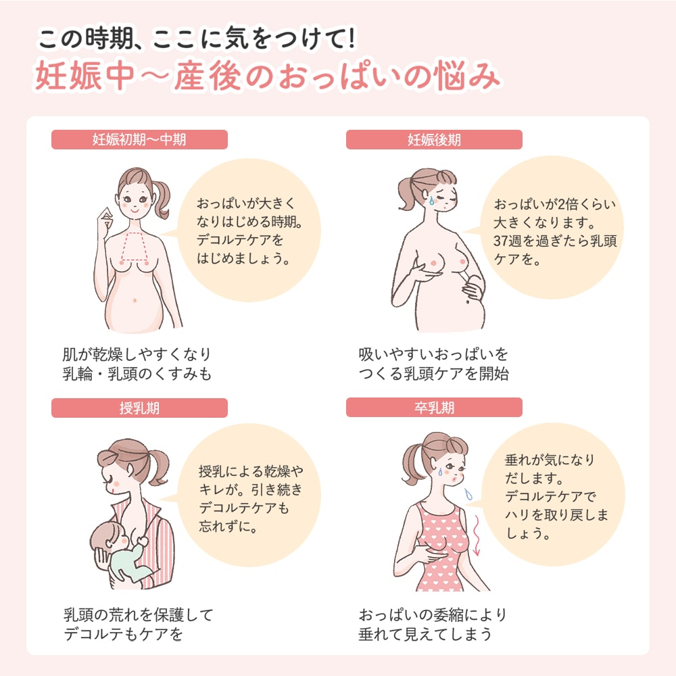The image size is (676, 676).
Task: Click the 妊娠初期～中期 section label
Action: tap(139, 140)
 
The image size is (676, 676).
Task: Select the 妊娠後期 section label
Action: tap(434, 140)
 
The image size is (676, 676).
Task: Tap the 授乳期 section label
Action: tap(139, 408)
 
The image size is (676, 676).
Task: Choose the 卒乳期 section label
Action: tap(434, 408)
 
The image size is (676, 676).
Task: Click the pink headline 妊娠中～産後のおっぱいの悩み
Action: tap(267, 76)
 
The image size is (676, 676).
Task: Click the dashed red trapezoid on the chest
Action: tap(135, 247)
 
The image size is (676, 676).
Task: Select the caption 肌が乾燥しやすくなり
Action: tap(137, 354)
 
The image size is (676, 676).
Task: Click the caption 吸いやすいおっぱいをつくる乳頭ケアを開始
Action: tap(434, 364)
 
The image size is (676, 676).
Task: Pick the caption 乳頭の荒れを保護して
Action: tap(139, 614)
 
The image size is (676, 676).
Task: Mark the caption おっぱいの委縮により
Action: tap(433, 614)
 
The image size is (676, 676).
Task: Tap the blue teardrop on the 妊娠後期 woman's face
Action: tap(431, 200)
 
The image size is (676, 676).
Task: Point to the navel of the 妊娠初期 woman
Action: tap(135, 300)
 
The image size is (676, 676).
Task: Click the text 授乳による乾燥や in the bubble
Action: tap(251, 471)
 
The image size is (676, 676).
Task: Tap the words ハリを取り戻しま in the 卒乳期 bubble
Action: tap(556, 514)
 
